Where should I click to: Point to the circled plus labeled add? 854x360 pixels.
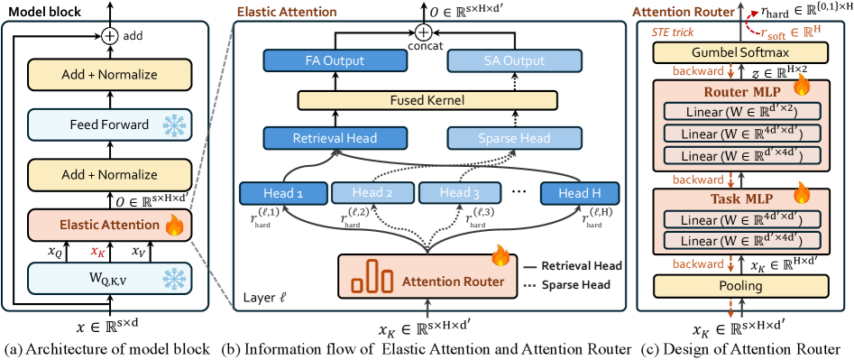[x=109, y=36]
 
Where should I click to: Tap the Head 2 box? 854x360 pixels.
[x=364, y=192]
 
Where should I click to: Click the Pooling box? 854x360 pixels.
[x=734, y=286]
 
